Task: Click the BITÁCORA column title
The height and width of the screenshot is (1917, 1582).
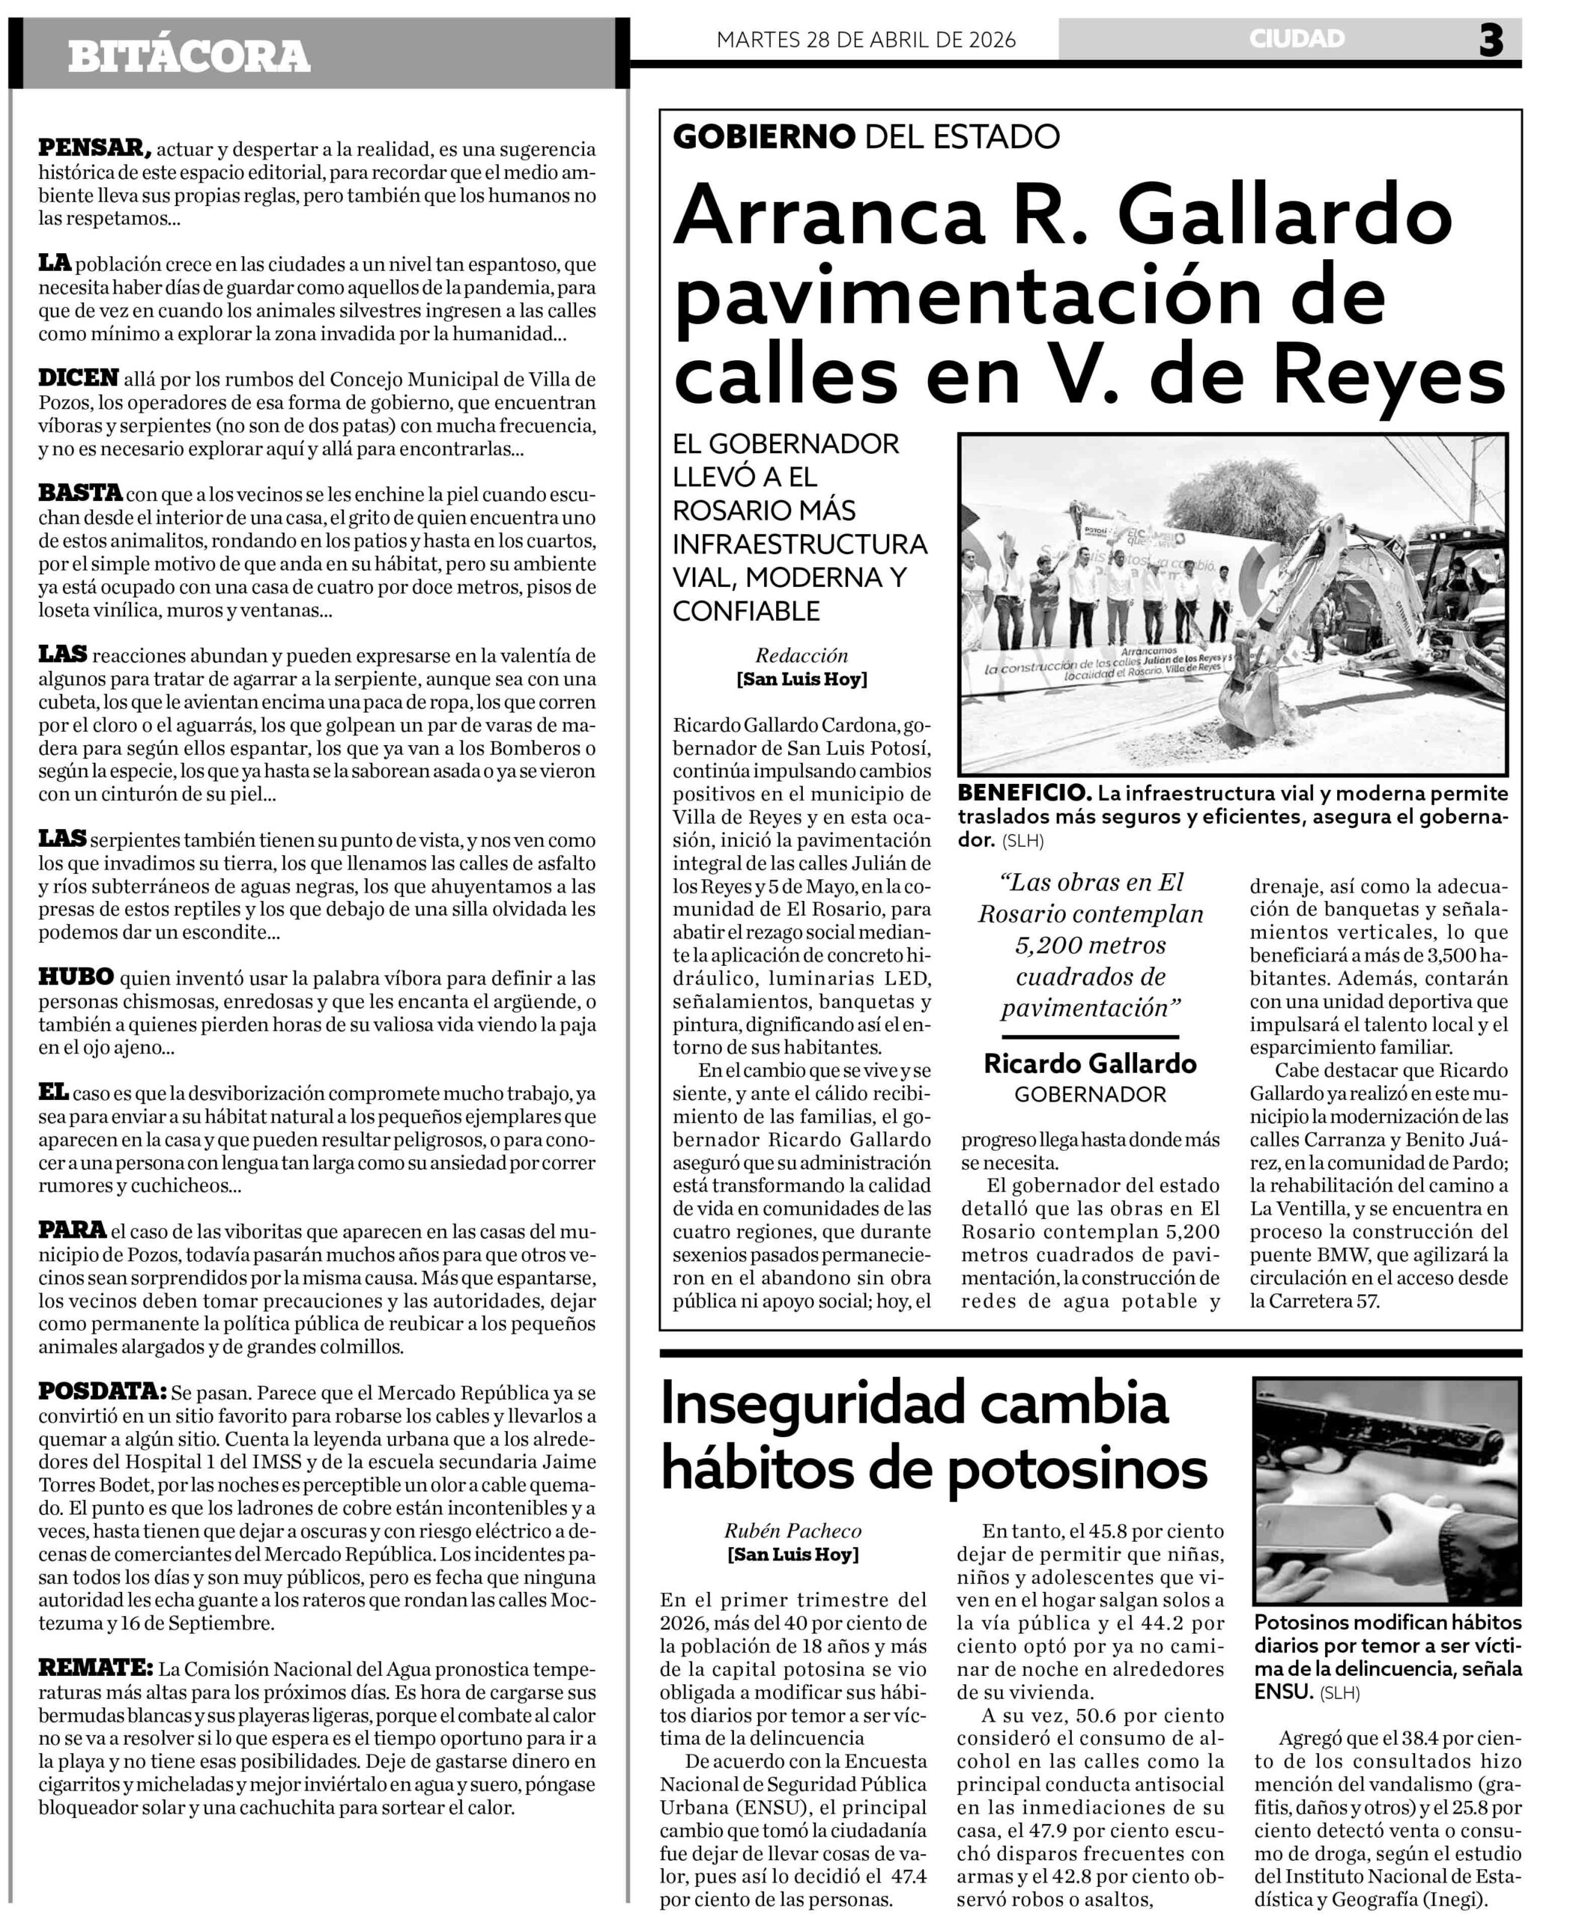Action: click(189, 56)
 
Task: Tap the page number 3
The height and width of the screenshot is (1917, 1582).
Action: click(1490, 41)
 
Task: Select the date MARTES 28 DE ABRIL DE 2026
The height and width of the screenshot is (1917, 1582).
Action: click(866, 40)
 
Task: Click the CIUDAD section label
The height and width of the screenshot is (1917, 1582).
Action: click(1296, 39)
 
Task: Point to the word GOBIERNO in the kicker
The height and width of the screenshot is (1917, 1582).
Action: click(764, 137)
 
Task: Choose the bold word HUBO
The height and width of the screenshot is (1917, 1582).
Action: click(76, 976)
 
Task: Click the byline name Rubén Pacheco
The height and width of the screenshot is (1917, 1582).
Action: click(792, 1531)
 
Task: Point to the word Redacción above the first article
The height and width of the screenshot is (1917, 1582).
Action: click(801, 655)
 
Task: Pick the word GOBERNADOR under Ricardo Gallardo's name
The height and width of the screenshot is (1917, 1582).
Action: click(1090, 1094)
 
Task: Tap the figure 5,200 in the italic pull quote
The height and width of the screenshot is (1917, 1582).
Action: click(1049, 945)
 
